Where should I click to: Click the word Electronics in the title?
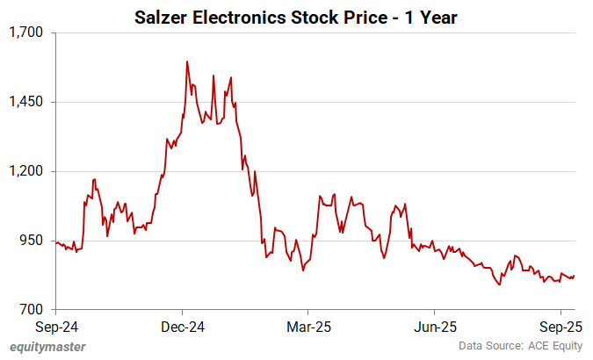point(234,17)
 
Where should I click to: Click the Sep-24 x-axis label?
point(55,326)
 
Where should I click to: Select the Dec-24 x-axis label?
point(182,326)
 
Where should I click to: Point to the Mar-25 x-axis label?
point(307,326)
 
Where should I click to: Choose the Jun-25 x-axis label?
point(435,326)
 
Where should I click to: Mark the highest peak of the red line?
point(188,61)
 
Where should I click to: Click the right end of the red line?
point(575,276)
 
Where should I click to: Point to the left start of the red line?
point(55,241)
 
